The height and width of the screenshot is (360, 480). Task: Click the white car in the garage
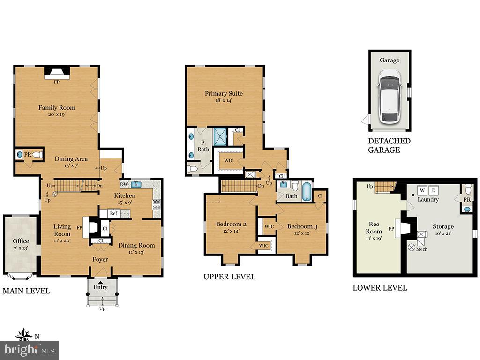coord(389,96)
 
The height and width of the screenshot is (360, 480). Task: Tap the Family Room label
coord(57,108)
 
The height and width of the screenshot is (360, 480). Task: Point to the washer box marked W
coord(422,190)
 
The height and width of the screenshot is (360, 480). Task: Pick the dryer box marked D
coord(434,190)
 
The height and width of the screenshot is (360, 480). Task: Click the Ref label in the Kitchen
coord(113,213)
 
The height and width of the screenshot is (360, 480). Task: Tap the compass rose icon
coord(23,336)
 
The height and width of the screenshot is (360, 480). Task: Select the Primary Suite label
coord(224,93)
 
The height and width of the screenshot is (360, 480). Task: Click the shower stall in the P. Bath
coord(220,136)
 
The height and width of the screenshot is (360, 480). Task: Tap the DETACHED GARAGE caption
coord(389,145)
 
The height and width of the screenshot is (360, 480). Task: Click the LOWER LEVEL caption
coord(380,288)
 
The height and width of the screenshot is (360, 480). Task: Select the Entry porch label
coord(100,287)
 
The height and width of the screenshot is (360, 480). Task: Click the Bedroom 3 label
coord(302,227)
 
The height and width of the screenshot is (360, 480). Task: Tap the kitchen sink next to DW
coord(136,184)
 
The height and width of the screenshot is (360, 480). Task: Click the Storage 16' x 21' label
coord(443,230)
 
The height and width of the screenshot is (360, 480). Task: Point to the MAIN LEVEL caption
coord(26,291)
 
